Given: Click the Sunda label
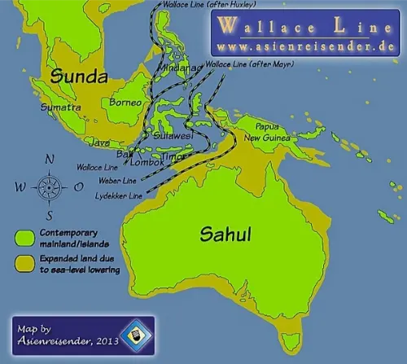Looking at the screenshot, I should [x=78, y=77].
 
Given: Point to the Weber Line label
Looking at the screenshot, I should [x=118, y=181].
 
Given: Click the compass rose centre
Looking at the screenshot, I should [x=48, y=186].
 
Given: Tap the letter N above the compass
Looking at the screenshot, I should [x=49, y=160].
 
